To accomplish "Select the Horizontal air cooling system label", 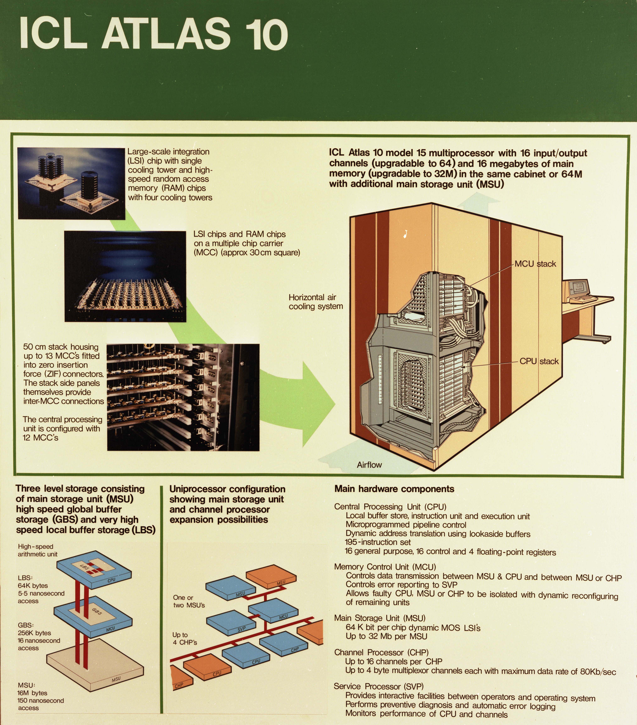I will [315, 302].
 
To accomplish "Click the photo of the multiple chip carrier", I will [125, 276].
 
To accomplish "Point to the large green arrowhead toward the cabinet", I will [316, 404].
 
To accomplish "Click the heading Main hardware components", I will [394, 489].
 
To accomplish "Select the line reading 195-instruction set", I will [378, 542].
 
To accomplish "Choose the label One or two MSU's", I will [189, 601].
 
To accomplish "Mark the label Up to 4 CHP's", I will [185, 638].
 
